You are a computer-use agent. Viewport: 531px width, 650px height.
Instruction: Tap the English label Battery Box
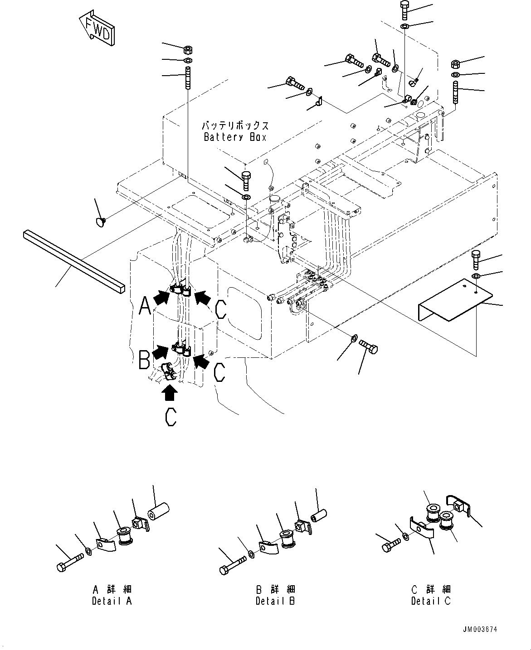click(235, 137)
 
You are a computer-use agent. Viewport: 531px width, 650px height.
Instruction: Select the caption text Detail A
click(112, 602)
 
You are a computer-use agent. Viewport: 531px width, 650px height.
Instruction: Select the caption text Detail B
click(275, 602)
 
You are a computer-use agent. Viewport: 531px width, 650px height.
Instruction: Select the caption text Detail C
click(431, 602)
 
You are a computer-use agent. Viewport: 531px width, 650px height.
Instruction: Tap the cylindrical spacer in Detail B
click(319, 515)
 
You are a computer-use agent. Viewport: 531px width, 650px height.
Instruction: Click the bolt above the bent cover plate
click(476, 260)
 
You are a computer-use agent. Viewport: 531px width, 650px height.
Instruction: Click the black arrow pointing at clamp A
click(161, 297)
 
